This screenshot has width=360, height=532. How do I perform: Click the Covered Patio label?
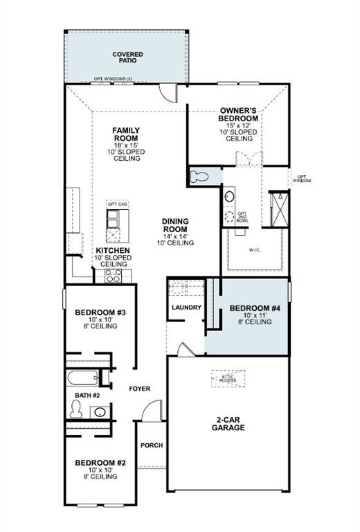127,57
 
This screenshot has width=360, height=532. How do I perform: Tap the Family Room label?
127,144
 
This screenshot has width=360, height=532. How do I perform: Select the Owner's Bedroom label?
239,124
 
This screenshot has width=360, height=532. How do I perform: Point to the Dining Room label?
176,232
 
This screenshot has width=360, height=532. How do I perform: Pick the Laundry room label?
186,308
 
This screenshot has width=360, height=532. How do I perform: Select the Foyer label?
139,389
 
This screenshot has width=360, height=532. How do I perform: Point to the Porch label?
152,445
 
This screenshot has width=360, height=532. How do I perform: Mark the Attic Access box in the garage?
228,378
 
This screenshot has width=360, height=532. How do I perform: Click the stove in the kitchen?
113,276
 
